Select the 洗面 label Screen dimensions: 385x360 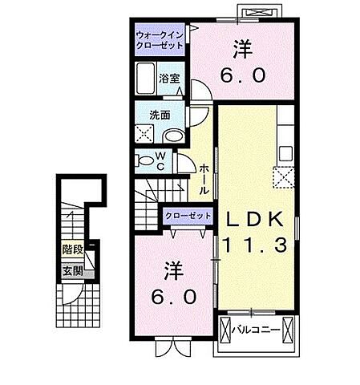[150, 114]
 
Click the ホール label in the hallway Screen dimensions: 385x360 [204, 178]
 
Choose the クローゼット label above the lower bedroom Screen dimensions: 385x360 [188, 217]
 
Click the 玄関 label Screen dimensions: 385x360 [72, 269]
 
